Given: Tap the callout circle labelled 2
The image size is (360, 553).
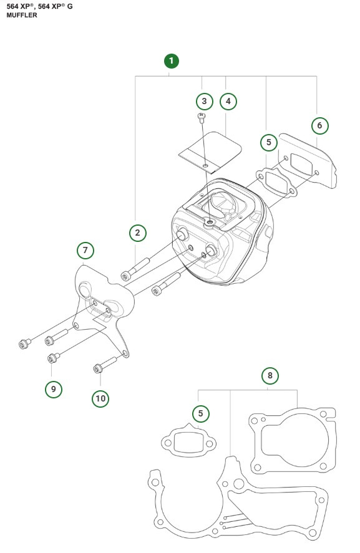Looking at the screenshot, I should [138, 233].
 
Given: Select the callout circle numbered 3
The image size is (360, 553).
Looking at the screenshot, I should [203, 100].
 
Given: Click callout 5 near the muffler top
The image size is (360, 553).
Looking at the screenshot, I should [268, 142].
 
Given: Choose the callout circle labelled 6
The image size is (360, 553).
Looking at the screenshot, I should [319, 125].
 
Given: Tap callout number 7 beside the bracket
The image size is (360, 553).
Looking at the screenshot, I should [85, 251].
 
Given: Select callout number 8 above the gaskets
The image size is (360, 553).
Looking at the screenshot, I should [270, 375].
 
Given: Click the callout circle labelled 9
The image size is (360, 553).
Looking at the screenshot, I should [54, 389].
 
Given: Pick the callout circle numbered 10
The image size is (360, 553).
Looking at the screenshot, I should [100, 398].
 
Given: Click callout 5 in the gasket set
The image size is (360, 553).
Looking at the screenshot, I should [200, 413].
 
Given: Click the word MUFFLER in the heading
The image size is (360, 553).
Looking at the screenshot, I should [22, 15].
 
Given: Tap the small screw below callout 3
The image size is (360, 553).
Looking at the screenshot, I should [202, 117].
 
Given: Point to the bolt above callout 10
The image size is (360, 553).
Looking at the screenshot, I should [107, 363].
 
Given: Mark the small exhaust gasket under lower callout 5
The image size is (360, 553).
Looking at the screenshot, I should [188, 442].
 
